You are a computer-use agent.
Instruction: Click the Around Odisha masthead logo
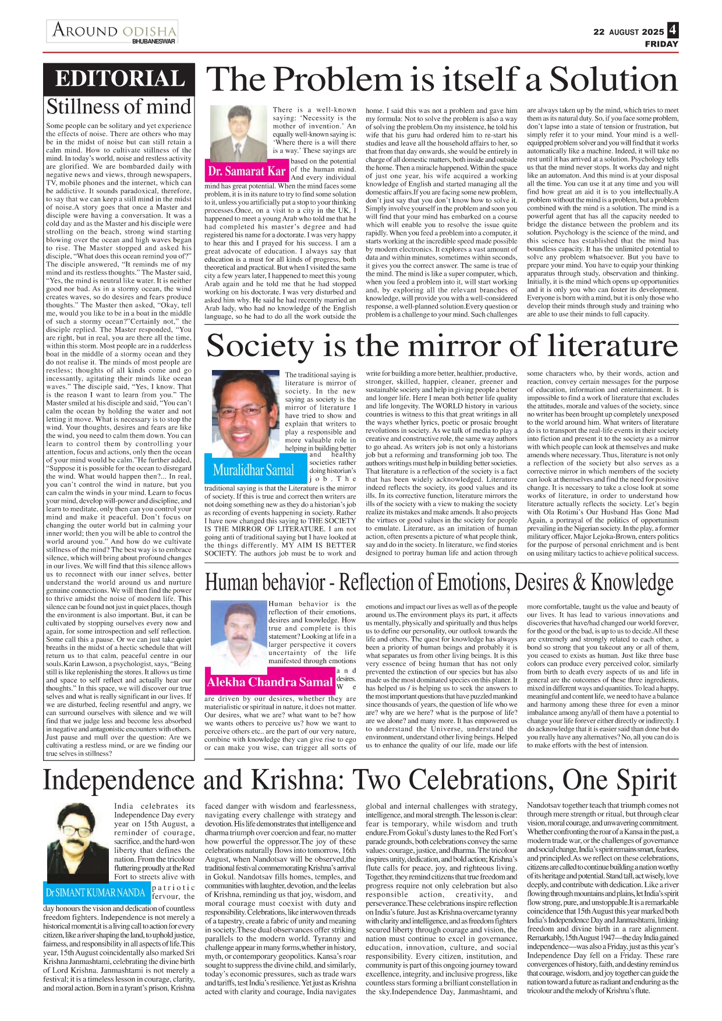tap(114, 30)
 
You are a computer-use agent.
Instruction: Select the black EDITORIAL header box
tap(119, 79)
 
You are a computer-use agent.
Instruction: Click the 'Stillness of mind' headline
tap(119, 106)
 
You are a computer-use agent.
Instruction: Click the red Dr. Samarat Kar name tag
tap(247, 171)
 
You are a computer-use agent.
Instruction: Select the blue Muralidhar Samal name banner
tap(253, 469)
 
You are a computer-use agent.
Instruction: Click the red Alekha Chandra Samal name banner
tap(269, 682)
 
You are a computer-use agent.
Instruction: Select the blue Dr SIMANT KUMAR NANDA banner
tap(95, 892)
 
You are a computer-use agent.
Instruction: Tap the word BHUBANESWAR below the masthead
tap(154, 42)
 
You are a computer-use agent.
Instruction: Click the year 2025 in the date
tap(653, 32)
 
